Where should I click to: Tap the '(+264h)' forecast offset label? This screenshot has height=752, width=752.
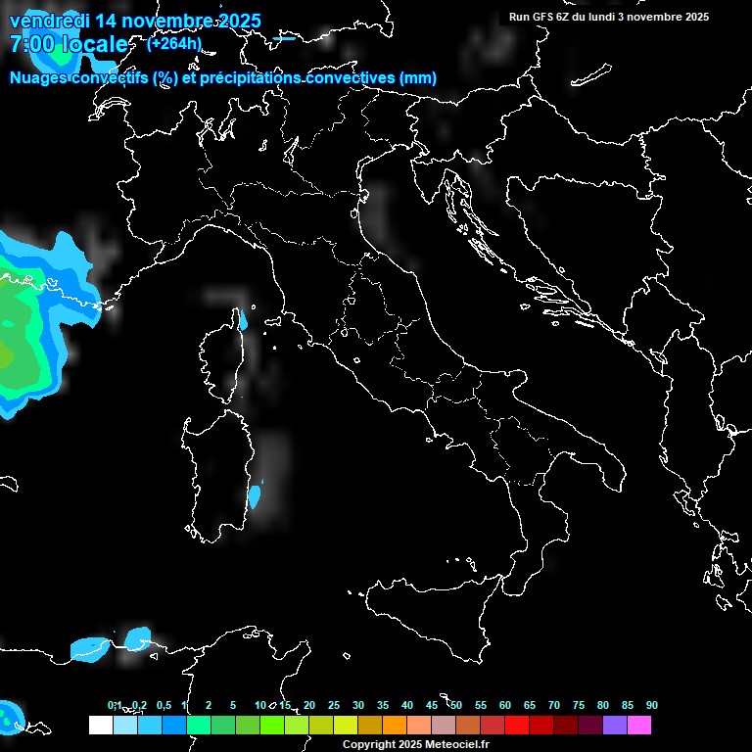[x=173, y=43]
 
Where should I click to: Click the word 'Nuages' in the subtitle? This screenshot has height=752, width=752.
[x=38, y=78]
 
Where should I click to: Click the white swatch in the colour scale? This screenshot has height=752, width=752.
[x=100, y=725]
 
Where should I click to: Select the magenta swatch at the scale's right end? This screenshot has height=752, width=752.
[x=639, y=725]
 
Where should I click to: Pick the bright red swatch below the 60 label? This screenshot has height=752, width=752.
[x=517, y=725]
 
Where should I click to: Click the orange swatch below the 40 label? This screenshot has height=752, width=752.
[x=394, y=725]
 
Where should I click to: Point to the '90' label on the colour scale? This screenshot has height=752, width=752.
[x=652, y=705]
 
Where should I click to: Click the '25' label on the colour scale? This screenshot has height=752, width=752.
[x=333, y=705]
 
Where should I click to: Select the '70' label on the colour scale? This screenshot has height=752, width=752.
[x=553, y=705]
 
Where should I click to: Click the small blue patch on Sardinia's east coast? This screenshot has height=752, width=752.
[x=255, y=495]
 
